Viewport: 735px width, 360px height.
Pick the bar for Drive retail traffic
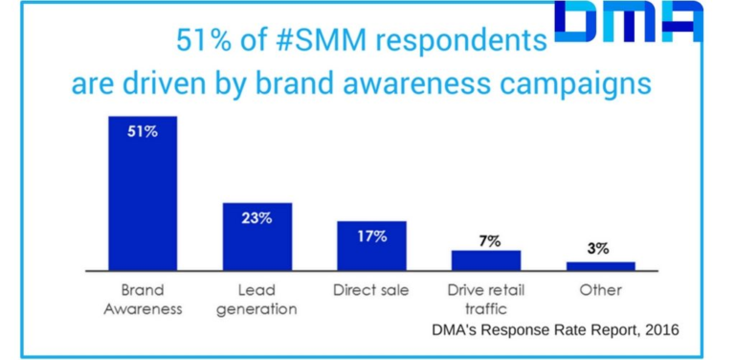point(486,259)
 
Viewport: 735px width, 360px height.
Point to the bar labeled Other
point(600,265)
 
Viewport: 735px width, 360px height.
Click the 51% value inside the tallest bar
point(142,132)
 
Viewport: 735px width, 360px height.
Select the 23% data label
point(256,217)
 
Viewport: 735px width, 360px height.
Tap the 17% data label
point(371,236)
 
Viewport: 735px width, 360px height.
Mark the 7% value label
point(489,240)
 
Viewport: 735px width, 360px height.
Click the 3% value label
point(598,248)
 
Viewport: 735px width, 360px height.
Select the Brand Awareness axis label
point(142,299)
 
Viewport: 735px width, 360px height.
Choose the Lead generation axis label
point(256,299)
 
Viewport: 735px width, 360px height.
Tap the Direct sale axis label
point(371,289)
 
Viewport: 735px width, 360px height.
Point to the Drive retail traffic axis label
point(486,299)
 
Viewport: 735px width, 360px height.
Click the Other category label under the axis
point(600,289)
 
